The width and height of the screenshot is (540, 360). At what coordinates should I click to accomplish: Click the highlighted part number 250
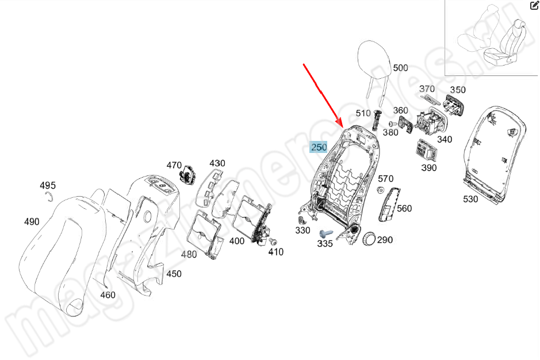click(x=319, y=148)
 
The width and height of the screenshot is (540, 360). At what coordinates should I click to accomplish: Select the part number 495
click(x=48, y=185)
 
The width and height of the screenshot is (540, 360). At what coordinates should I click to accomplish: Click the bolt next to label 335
click(x=325, y=233)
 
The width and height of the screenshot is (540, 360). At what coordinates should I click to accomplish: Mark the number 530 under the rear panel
click(x=470, y=199)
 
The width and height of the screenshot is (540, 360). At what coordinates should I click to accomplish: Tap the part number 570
click(x=385, y=179)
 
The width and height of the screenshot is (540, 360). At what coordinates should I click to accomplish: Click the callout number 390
click(x=428, y=168)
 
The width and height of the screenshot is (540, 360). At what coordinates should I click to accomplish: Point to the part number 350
click(x=458, y=90)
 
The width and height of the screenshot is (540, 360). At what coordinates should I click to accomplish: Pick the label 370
click(x=427, y=89)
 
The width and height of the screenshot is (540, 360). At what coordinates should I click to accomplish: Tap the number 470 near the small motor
click(x=174, y=165)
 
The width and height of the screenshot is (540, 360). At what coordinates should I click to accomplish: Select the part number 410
click(x=275, y=252)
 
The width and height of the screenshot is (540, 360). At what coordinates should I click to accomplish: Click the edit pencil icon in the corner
click(x=534, y=6)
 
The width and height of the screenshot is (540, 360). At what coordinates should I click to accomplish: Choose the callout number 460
click(x=108, y=295)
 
